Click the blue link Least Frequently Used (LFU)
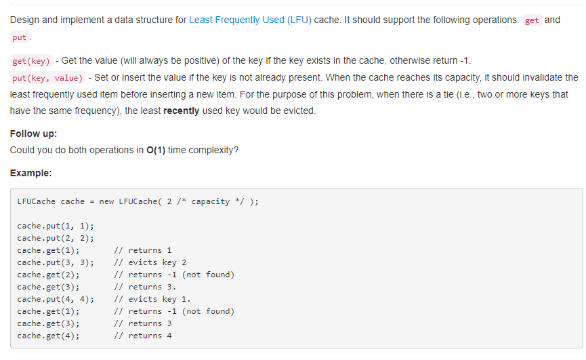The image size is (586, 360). pyautogui.click(x=250, y=20)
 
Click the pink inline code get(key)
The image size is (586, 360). pyautogui.click(x=32, y=60)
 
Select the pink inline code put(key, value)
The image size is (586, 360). pyautogui.click(x=48, y=78)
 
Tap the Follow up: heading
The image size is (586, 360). pyautogui.click(x=33, y=134)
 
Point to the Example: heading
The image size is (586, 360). pyautogui.click(x=30, y=173)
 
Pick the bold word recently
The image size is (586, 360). pyautogui.click(x=181, y=111)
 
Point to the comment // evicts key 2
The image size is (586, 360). pyautogui.click(x=150, y=262)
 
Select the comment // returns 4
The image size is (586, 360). pyautogui.click(x=143, y=336)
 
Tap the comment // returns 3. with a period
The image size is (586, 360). pyautogui.click(x=145, y=287)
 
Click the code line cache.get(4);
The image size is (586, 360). pyautogui.click(x=48, y=336)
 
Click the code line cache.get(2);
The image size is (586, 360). pyautogui.click(x=48, y=275)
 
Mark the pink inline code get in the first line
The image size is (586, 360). pyautogui.click(x=532, y=20)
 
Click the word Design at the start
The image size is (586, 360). pyautogui.click(x=25, y=20)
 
